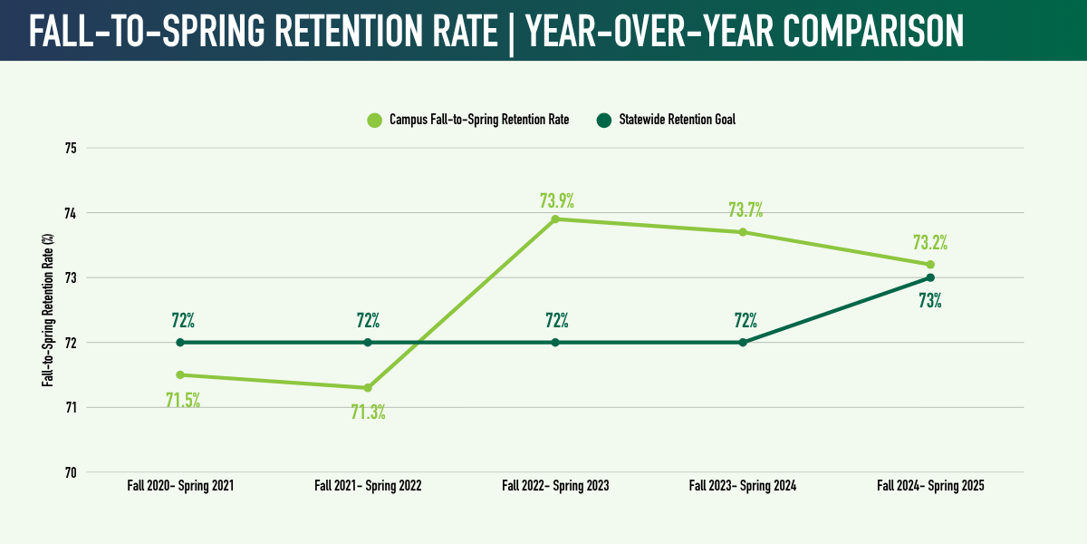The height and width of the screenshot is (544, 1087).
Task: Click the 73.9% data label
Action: click(x=557, y=199)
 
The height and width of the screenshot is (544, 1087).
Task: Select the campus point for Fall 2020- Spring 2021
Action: click(x=180, y=374)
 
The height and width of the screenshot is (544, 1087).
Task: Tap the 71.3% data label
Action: click(x=369, y=413)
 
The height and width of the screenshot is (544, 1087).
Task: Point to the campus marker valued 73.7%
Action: click(x=743, y=232)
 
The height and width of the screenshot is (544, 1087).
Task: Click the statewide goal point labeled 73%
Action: click(x=930, y=277)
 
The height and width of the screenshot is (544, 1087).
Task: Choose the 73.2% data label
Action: click(x=930, y=243)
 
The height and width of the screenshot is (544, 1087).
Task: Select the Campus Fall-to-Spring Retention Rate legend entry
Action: click(x=467, y=120)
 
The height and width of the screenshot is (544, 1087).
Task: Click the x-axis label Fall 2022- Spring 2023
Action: click(x=555, y=486)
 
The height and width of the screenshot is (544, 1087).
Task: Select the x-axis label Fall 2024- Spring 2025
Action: click(x=930, y=486)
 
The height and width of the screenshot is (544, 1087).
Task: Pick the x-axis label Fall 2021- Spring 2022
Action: click(x=368, y=486)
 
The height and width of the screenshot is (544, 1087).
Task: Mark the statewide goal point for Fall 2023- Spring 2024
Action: click(x=743, y=343)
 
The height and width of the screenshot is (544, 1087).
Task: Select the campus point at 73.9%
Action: click(x=555, y=219)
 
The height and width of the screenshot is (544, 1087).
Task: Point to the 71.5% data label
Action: click(x=182, y=400)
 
